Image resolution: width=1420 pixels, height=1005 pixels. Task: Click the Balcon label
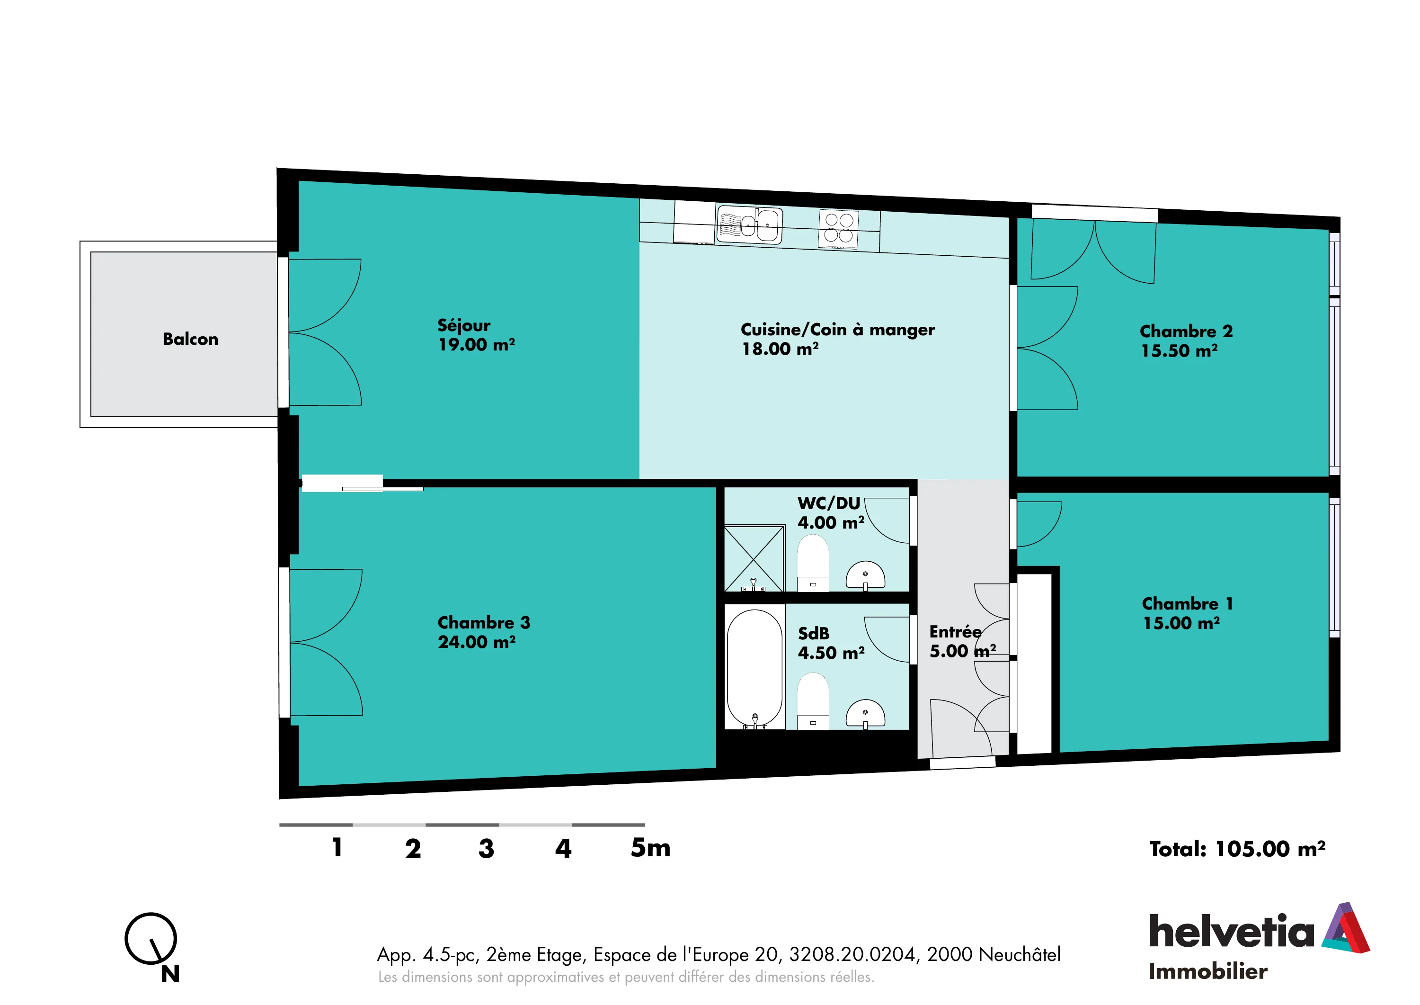(x=190, y=339)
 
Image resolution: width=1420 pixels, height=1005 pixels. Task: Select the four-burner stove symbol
(x=839, y=228)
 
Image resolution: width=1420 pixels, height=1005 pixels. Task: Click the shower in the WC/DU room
(x=754, y=559)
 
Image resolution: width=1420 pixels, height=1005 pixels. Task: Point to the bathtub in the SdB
(x=754, y=668)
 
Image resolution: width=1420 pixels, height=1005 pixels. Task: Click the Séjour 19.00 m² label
(x=476, y=335)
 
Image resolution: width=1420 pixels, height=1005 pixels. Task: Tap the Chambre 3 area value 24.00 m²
(x=477, y=642)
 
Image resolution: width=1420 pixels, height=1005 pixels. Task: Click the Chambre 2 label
(x=1186, y=331)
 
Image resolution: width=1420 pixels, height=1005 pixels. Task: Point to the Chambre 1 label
(x=1188, y=603)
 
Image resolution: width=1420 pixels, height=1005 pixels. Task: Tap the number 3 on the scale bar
(x=486, y=848)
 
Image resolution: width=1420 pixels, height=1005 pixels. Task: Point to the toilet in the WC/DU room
(x=813, y=563)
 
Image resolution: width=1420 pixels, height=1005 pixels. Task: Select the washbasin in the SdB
(x=865, y=714)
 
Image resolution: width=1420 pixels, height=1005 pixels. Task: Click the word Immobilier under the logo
(x=1208, y=971)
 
